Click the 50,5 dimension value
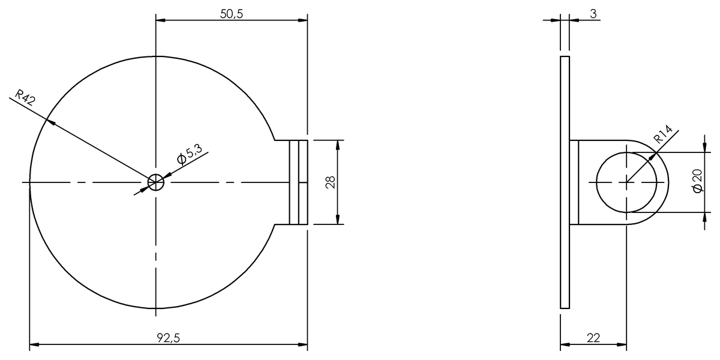coord(231,14)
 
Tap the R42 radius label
coord(25,97)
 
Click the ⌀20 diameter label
coord(697,181)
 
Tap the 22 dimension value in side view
coord(593,338)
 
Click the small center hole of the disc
coord(155,182)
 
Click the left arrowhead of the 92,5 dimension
coord(34,345)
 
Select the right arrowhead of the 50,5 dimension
coord(303,20)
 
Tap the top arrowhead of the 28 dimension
coord(338,145)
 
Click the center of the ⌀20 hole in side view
coord(626,182)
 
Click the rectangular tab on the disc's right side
coord(298,182)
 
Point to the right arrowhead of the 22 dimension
coord(622,345)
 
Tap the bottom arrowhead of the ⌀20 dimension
coord(705,208)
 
